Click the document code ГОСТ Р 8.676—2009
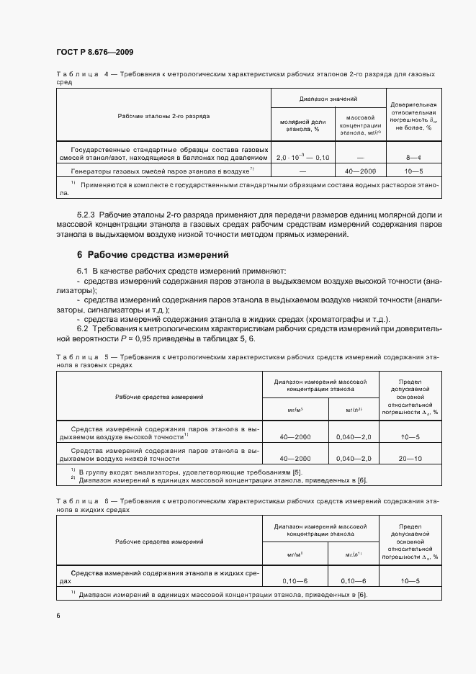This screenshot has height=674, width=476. tap(94, 53)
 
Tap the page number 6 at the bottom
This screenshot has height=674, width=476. tap(58, 615)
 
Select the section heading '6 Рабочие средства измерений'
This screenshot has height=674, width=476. tap(153, 254)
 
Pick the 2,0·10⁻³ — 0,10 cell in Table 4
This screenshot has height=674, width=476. tap(303, 157)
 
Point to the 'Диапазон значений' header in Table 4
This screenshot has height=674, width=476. tap(328, 98)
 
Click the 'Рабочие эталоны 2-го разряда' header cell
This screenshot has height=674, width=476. tap(163, 115)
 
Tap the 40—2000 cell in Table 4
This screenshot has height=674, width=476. tap(361, 171)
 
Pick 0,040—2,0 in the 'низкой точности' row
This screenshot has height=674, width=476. tap(354, 458)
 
